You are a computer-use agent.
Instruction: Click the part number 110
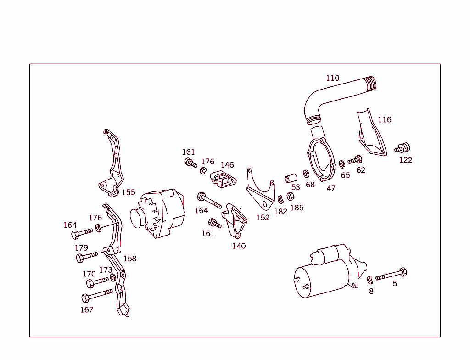point(333,78)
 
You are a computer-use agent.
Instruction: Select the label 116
point(385,119)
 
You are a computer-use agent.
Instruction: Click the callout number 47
point(331,188)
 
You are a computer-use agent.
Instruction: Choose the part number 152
point(263,218)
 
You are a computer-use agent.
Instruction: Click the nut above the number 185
point(291,197)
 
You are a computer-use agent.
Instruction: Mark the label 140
point(239,246)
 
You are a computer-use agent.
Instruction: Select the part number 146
point(227,165)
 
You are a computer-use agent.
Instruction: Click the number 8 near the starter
point(371,291)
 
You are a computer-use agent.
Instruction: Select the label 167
point(87,309)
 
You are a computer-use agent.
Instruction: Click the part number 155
point(129,192)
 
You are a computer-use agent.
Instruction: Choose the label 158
point(129,259)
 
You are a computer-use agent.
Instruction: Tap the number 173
point(106,270)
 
